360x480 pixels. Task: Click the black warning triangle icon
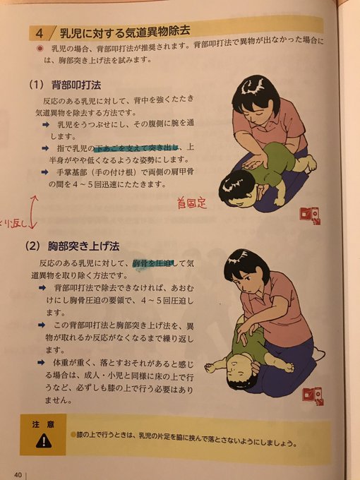[42, 440]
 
